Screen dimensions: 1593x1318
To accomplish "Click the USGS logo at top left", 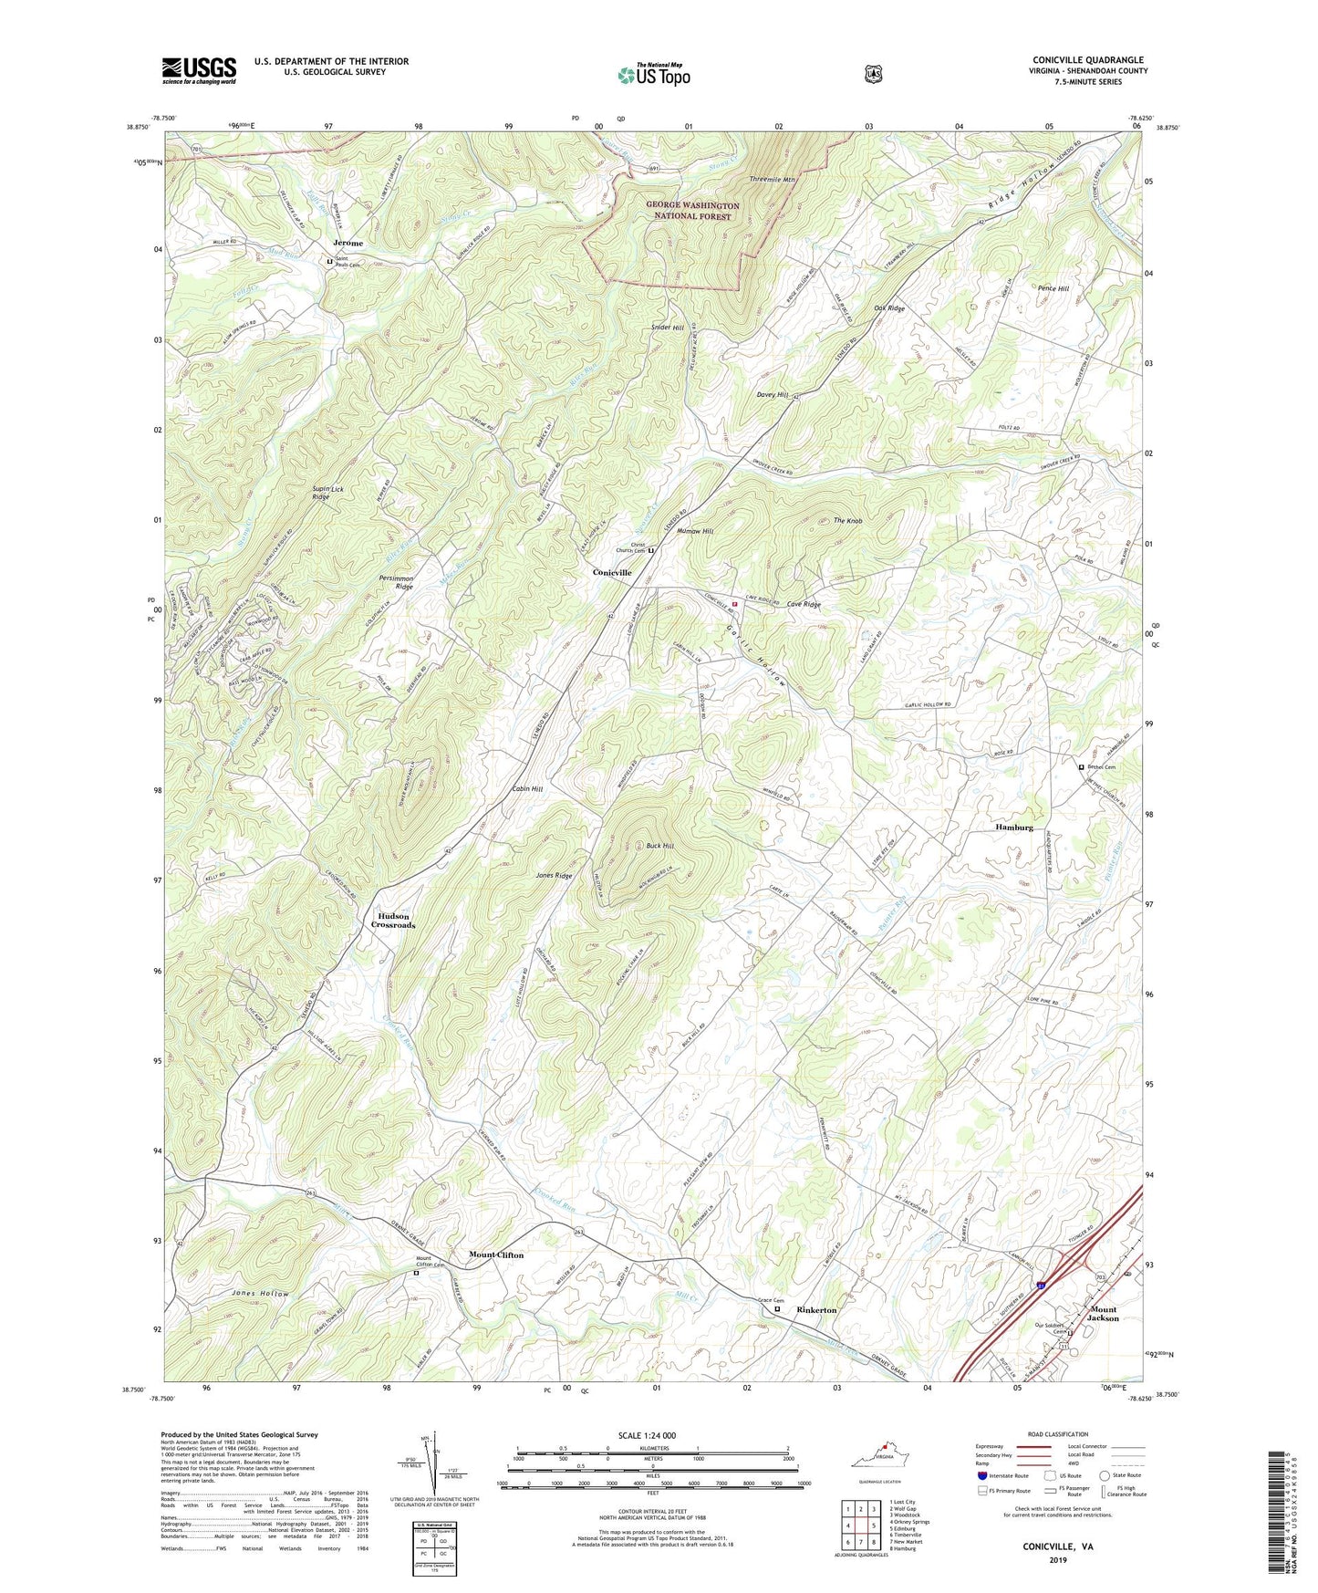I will pyautogui.click(x=199, y=70).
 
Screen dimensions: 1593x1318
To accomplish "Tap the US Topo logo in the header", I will pyautogui.click(x=652, y=75).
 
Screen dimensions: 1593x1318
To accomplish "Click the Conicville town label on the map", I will pyautogui.click(x=612, y=572).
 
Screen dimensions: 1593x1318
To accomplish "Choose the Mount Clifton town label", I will pyautogui.click(x=496, y=1255).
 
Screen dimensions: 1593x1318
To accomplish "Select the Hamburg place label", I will pyautogui.click(x=1013, y=827).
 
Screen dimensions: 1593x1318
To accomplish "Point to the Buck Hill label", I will pyautogui.click(x=659, y=846).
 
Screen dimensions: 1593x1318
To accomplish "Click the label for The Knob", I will pyautogui.click(x=847, y=521).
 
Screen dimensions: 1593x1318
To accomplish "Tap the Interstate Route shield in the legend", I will pyautogui.click(x=982, y=1475).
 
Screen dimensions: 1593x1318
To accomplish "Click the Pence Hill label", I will pyautogui.click(x=1053, y=288).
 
